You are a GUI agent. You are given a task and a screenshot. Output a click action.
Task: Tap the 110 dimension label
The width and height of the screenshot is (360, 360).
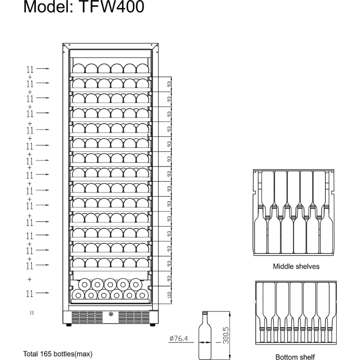[x=170, y=295]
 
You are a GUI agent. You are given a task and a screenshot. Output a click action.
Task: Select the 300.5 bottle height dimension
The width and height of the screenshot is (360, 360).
[x=226, y=335]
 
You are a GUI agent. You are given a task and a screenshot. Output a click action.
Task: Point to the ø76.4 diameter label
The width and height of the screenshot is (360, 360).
[x=179, y=338]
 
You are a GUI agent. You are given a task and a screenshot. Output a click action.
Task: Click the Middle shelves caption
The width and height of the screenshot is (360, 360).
[x=296, y=266]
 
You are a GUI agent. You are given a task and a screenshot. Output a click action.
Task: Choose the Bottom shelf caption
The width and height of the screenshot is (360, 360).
[x=295, y=357]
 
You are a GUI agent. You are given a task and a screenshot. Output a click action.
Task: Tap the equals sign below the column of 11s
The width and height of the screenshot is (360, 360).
[x=31, y=313]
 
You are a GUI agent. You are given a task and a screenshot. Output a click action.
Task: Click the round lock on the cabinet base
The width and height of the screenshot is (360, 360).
[x=111, y=314]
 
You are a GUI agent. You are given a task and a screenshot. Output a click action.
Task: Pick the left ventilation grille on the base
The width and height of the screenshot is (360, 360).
[x=87, y=317]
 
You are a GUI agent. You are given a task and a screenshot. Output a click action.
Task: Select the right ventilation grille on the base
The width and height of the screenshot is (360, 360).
[x=134, y=317]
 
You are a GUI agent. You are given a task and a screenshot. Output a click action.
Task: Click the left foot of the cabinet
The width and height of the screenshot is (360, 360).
[x=69, y=325]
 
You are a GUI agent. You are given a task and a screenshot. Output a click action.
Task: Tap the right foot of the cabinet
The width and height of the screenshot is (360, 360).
[x=153, y=325]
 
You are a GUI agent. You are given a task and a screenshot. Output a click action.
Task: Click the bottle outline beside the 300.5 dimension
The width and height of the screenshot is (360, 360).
[x=205, y=335]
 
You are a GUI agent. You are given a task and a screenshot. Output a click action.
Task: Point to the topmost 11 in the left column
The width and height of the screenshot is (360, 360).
[x=30, y=69]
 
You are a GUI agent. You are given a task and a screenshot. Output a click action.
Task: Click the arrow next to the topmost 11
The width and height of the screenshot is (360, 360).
[x=43, y=68]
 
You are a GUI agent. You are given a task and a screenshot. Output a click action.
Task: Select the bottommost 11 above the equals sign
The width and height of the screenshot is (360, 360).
[x=30, y=294]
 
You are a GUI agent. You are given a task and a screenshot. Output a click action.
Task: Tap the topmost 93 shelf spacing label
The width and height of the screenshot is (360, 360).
[x=170, y=84]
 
